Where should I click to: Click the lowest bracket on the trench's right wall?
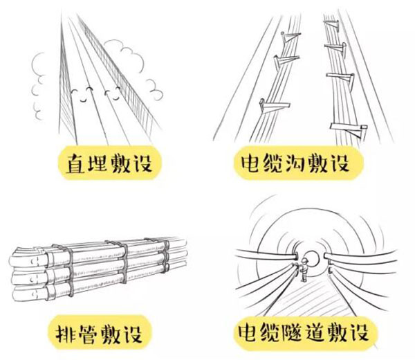tap(346, 127)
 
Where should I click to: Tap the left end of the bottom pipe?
tap(15, 287)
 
